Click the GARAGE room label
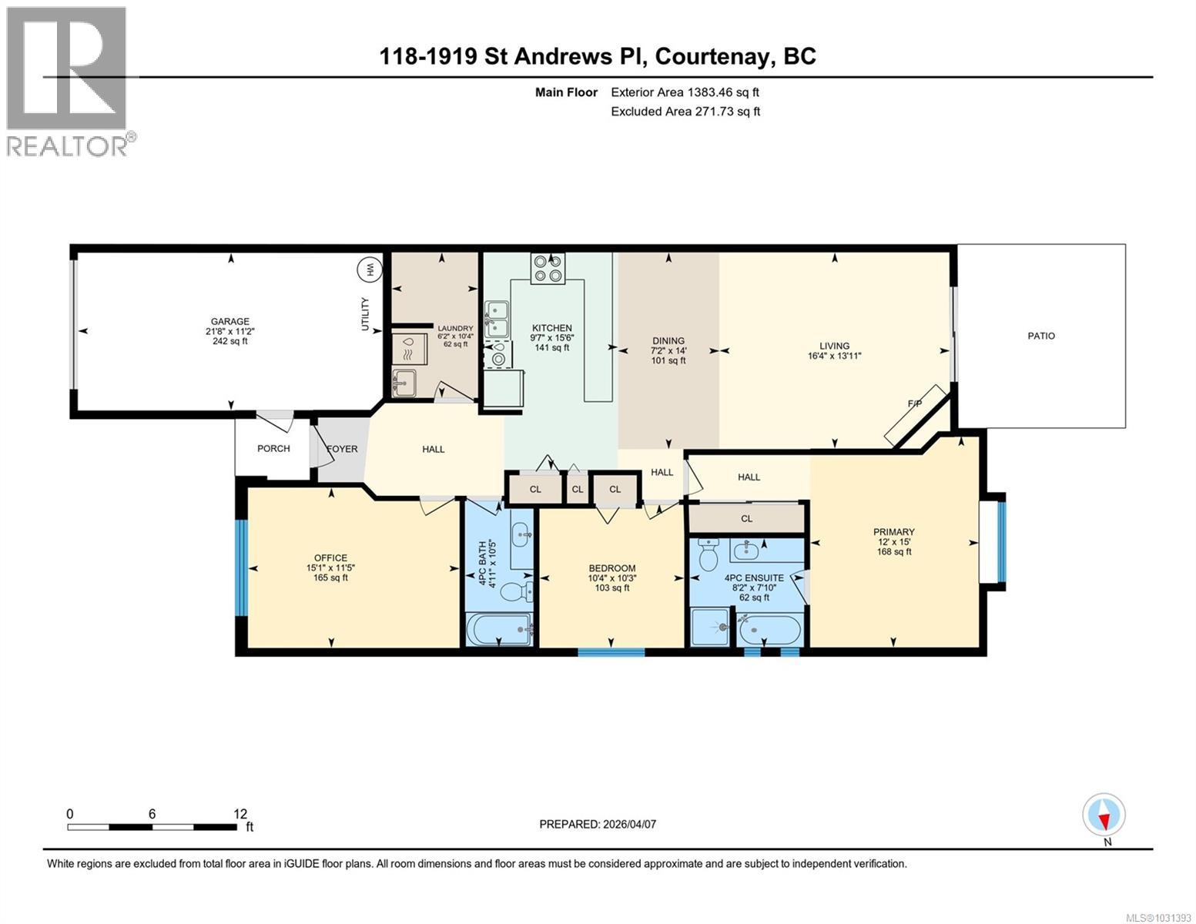point(230,322)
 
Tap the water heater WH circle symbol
point(369,269)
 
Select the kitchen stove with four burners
point(547,268)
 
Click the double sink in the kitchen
point(496,319)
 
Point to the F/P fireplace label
point(915,403)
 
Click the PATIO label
point(1040,336)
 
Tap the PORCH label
point(273,448)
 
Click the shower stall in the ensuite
point(709,628)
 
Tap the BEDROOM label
point(611,568)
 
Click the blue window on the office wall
point(241,568)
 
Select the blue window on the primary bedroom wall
point(1001,541)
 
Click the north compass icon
point(1104,815)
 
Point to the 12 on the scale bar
point(240,813)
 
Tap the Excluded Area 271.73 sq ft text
point(685,112)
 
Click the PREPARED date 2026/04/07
point(598,824)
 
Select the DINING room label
point(668,340)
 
